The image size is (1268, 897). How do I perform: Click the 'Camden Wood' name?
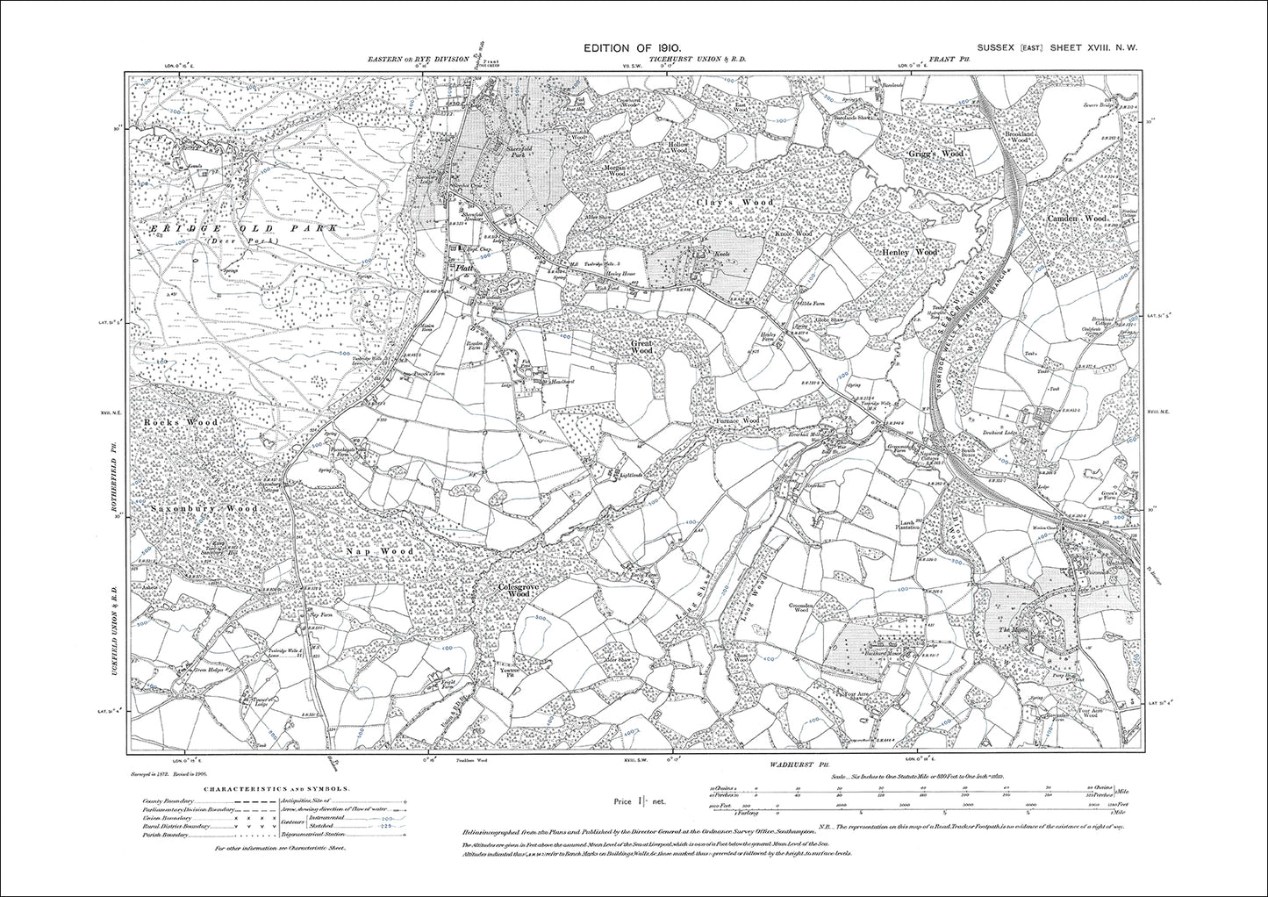[x=1077, y=218]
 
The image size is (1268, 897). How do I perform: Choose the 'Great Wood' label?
[x=642, y=347]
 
